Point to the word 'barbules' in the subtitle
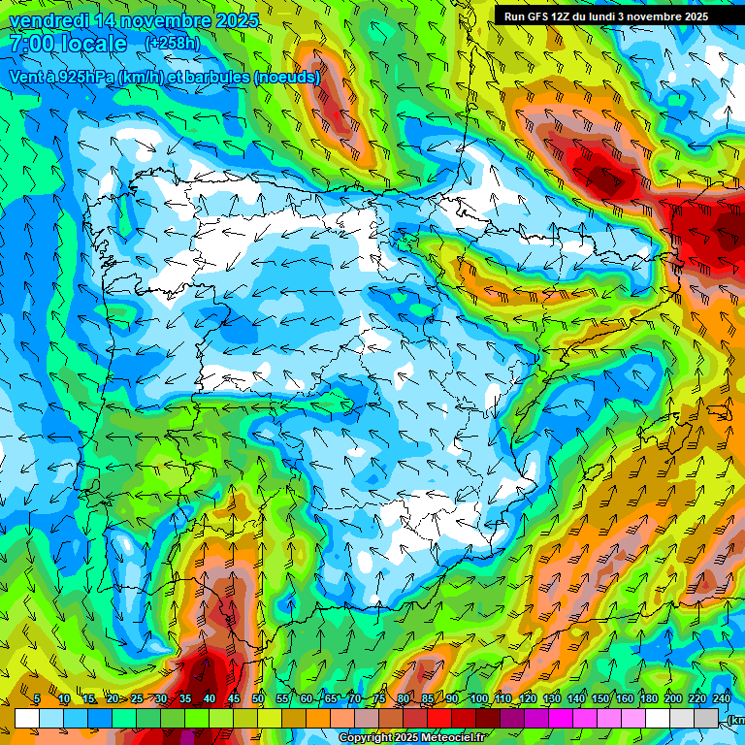(217, 77)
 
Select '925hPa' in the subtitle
(84, 77)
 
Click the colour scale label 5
(37, 698)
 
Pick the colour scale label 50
(258, 698)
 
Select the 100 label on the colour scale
(479, 698)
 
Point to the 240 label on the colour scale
(721, 698)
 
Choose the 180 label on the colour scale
(648, 698)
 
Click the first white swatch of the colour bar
(27, 718)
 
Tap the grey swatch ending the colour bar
(706, 718)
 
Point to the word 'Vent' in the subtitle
(26, 77)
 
